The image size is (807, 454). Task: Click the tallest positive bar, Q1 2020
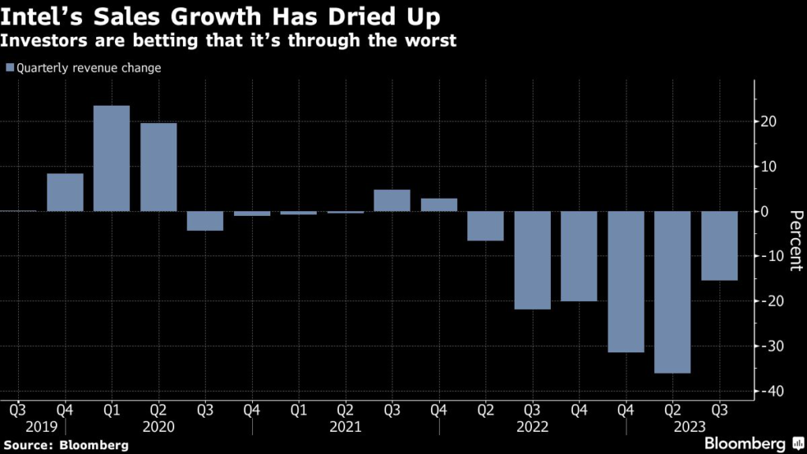point(112,158)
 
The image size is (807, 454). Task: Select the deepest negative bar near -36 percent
point(672,292)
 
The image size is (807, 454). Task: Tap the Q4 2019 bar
point(65,192)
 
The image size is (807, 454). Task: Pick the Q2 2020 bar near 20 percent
point(158,167)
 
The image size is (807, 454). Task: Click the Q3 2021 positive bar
point(392,200)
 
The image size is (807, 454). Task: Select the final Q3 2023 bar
point(719,245)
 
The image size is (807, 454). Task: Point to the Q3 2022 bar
point(532,260)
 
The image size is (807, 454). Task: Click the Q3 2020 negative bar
point(205,221)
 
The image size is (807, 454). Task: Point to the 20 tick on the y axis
point(769,122)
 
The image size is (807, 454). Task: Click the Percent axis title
point(795,240)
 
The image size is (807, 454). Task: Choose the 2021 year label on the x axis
point(346,427)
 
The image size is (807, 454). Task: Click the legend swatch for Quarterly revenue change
point(9,68)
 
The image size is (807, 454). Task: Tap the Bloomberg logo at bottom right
point(745,443)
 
